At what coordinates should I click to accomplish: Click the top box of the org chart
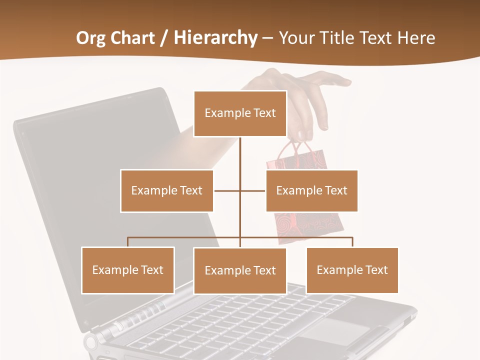click(x=240, y=113)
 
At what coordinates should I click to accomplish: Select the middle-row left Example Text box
click(x=166, y=190)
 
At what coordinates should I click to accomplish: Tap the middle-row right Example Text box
click(x=311, y=190)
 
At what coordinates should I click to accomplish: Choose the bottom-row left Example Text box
click(x=128, y=270)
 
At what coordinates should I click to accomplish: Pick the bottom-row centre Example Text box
click(x=240, y=270)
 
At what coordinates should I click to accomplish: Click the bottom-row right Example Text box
click(x=352, y=270)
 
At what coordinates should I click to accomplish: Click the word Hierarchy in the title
click(x=215, y=38)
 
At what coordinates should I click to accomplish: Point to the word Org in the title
click(x=90, y=38)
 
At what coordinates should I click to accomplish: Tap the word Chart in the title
click(x=131, y=38)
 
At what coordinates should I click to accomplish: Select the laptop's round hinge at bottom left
click(x=90, y=343)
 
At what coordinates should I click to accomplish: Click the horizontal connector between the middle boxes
click(x=227, y=190)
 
